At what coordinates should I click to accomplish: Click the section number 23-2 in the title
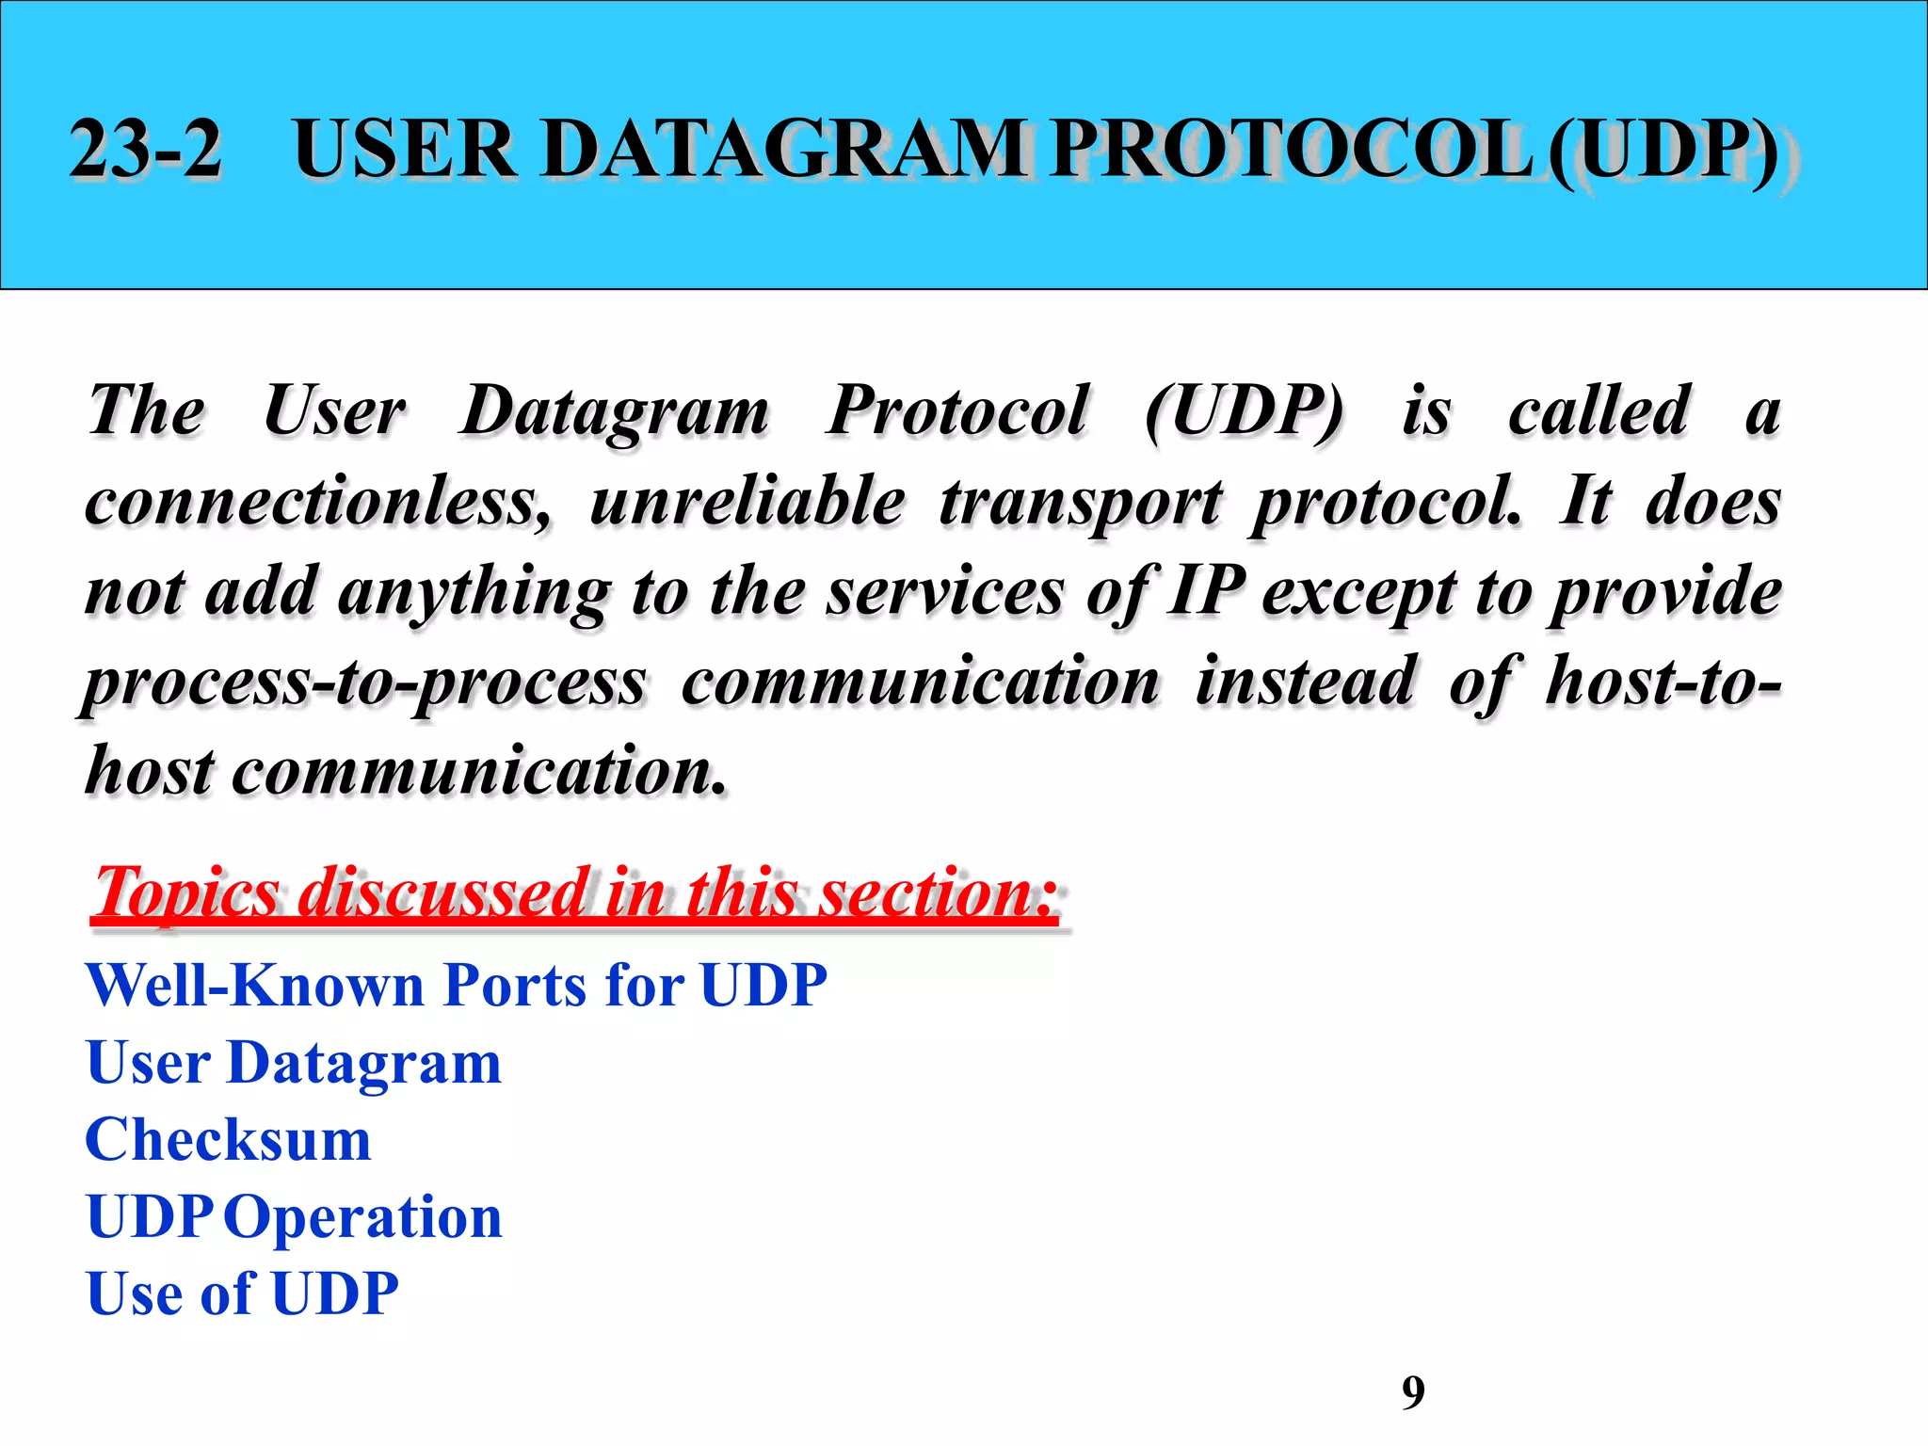coord(146,148)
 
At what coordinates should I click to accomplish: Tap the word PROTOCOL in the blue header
coord(1291,148)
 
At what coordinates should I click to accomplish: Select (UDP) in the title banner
coord(1662,151)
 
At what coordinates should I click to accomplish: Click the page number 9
coord(1413,1391)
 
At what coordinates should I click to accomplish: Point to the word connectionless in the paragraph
coord(318,501)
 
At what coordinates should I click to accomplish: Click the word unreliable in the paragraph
coord(747,501)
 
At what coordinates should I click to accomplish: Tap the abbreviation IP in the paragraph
coord(1206,591)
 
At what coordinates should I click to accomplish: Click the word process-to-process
coord(365,683)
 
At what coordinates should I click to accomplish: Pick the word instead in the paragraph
coord(1305,681)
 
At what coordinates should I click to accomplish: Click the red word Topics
coord(186,892)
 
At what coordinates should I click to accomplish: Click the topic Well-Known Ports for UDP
coord(457,986)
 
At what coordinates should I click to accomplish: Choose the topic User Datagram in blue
coord(294,1064)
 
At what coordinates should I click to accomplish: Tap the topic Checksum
coord(229,1140)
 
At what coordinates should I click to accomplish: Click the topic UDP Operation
coord(294,1217)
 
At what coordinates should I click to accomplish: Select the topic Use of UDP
coord(242,1293)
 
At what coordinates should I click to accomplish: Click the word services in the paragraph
coord(945,591)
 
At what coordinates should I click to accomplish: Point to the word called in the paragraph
coord(1599,411)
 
